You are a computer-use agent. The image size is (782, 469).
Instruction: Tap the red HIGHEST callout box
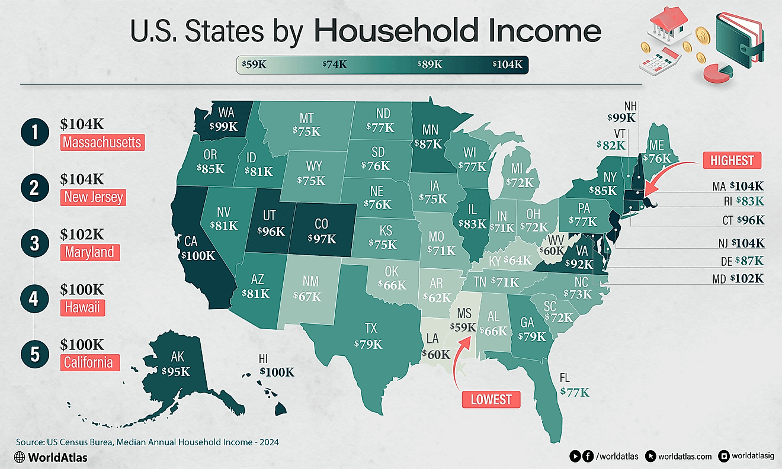tap(732, 160)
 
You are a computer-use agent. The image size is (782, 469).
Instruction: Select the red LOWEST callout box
tap(491, 399)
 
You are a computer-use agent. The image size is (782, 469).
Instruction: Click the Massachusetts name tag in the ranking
tap(102, 143)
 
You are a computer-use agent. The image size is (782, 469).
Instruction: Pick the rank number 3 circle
tap(34, 243)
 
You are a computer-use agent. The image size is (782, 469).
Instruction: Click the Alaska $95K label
tap(176, 371)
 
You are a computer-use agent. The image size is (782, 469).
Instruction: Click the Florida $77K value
tap(575, 391)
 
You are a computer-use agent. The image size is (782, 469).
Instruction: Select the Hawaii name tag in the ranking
tap(83, 307)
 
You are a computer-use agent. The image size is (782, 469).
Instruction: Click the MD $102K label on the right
tap(738, 278)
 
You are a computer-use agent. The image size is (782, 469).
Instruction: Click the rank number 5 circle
tap(34, 353)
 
